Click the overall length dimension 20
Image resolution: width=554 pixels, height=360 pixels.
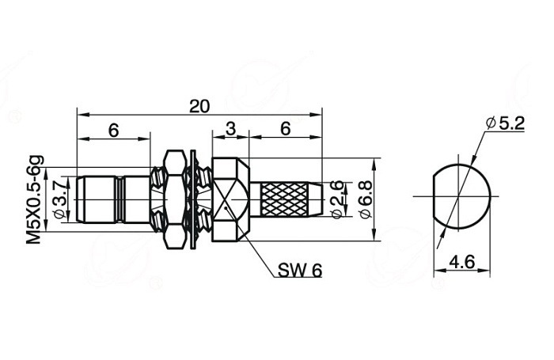click(x=199, y=106)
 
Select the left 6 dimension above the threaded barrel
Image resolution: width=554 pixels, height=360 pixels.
click(x=113, y=131)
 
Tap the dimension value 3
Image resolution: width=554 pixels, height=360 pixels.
click(x=230, y=129)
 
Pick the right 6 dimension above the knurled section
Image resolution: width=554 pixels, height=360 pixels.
click(x=286, y=129)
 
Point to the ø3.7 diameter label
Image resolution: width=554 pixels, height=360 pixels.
click(x=59, y=199)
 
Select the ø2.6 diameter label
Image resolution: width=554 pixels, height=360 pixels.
click(x=337, y=199)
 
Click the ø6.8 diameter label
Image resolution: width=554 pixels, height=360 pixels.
click(x=365, y=199)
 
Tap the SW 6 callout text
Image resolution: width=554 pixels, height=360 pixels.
click(x=300, y=271)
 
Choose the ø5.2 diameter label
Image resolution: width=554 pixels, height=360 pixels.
click(x=505, y=123)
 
